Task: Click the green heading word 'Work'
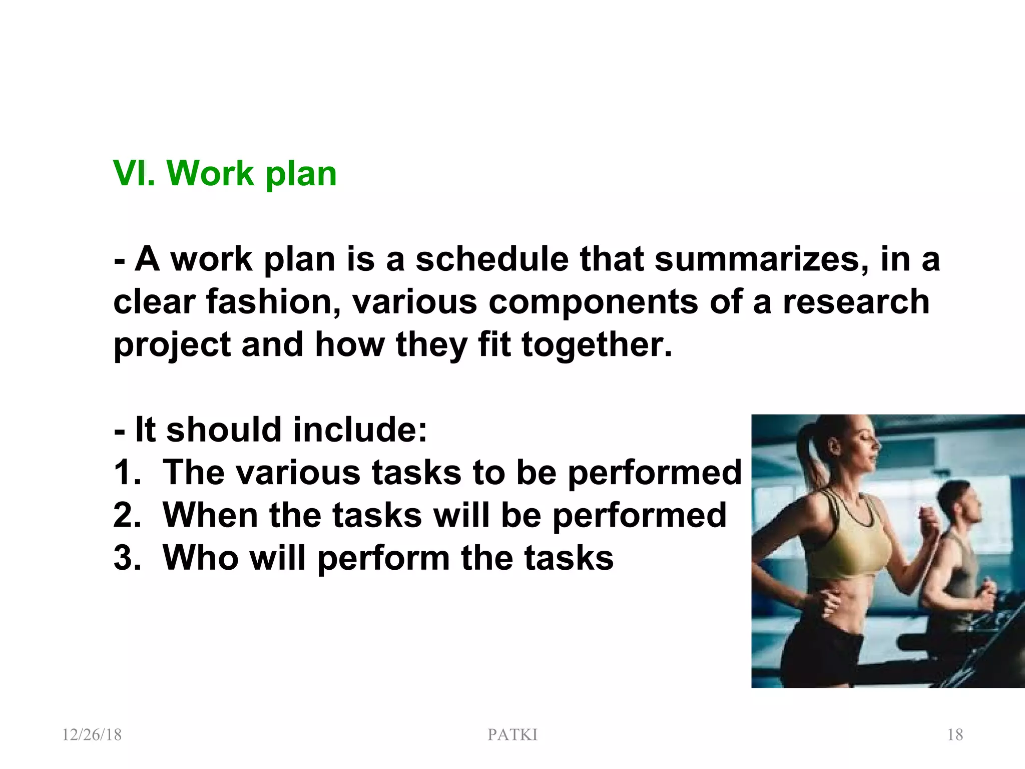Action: click(x=210, y=174)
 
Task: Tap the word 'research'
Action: click(x=856, y=302)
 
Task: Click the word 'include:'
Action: click(x=360, y=430)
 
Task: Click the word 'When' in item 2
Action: click(x=210, y=515)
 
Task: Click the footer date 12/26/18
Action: click(x=92, y=735)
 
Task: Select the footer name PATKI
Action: click(x=512, y=735)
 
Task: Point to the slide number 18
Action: click(x=955, y=735)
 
